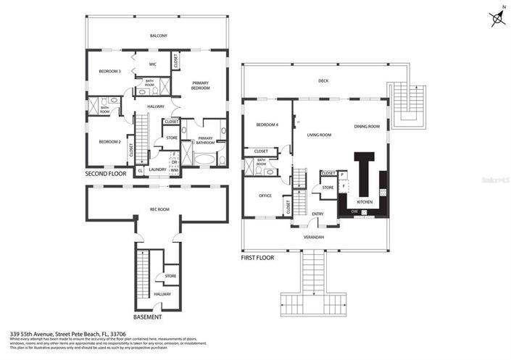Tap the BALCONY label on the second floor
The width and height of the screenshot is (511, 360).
[x=158, y=35]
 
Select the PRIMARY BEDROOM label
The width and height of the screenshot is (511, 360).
[x=201, y=85]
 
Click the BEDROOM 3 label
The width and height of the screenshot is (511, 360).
[x=109, y=71]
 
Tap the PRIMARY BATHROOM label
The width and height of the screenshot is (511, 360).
[x=205, y=139]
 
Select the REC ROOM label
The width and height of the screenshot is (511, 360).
[x=159, y=209]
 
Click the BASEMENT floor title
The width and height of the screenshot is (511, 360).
[x=147, y=317]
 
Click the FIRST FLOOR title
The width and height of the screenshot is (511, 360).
[x=257, y=256]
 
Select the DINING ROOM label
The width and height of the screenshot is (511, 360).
[x=367, y=127]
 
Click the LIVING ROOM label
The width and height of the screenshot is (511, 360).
[x=319, y=135]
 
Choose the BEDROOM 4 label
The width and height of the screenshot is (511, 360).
[x=267, y=125]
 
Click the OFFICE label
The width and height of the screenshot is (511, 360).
[x=265, y=195]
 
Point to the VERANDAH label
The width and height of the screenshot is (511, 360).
[x=313, y=237]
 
